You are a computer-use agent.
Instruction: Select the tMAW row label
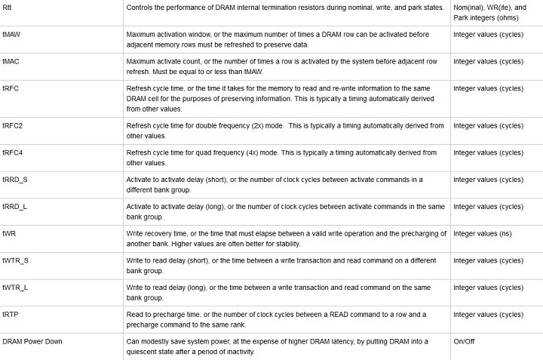click(11, 34)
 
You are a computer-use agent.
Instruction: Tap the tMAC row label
click(11, 61)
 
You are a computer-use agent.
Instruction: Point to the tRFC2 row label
click(13, 125)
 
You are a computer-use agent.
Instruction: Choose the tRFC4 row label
click(13, 152)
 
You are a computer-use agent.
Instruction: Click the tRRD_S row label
click(15, 180)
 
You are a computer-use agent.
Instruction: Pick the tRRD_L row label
click(15, 206)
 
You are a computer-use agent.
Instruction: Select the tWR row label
click(9, 233)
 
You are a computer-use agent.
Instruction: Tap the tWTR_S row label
click(16, 260)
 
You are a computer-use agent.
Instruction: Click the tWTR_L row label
click(15, 288)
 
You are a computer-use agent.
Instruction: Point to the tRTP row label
click(11, 315)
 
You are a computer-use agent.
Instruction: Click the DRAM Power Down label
click(32, 341)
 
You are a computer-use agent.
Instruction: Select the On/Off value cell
click(464, 341)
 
